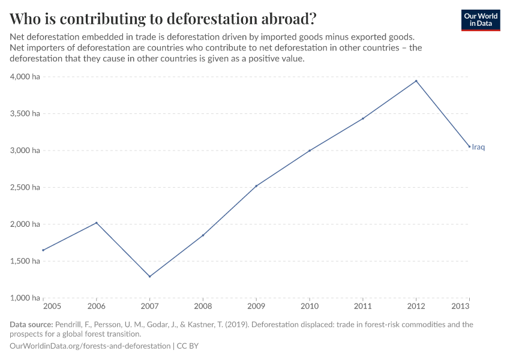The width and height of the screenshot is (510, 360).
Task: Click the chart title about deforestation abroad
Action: [163, 18]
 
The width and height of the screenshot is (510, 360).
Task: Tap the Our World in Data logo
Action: [481, 20]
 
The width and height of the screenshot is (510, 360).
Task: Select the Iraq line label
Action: [478, 147]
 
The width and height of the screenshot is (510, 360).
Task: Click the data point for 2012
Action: [416, 81]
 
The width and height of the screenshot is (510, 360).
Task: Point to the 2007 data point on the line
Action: [149, 277]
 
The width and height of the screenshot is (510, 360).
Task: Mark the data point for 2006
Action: [97, 223]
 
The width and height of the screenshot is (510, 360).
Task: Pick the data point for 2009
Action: [256, 186]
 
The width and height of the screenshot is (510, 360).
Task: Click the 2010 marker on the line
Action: [310, 151]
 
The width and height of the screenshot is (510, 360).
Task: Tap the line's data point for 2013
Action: [469, 146]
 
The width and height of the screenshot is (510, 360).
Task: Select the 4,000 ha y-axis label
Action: [25, 77]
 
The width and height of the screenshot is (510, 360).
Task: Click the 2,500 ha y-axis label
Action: [25, 187]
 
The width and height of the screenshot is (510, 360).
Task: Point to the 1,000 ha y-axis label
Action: [25, 298]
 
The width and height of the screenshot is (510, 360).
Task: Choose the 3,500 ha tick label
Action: [25, 113]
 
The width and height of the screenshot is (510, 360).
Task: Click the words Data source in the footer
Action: [31, 325]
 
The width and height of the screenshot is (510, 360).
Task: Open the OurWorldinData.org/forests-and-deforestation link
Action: [90, 346]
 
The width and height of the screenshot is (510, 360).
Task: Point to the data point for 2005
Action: [43, 250]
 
